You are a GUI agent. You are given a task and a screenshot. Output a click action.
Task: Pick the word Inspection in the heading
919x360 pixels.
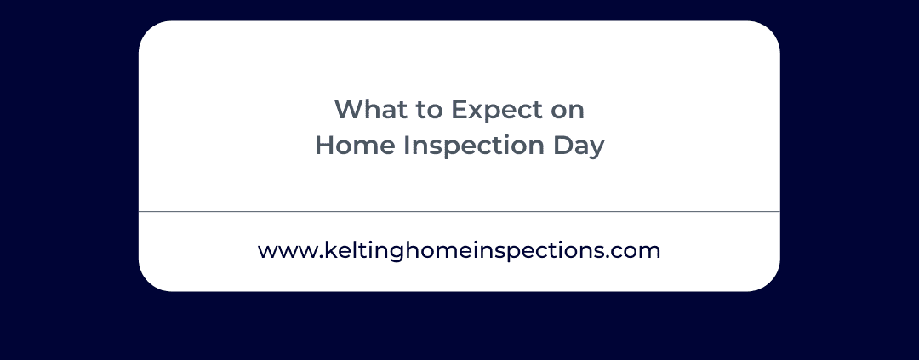[474, 146]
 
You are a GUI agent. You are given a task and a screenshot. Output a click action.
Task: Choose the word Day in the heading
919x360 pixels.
[579, 147]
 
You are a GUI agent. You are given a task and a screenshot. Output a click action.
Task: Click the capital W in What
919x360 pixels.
[347, 110]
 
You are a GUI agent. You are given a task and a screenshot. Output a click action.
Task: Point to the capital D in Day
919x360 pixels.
[562, 146]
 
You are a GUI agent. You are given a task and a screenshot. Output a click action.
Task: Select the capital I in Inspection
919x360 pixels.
[406, 146]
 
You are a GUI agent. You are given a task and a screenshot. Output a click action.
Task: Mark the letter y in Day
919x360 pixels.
[596, 151]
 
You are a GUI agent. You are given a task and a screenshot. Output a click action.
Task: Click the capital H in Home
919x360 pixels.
[325, 146]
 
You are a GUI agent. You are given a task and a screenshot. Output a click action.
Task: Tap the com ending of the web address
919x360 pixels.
[639, 252]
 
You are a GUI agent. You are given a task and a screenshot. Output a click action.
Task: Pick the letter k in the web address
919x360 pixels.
[330, 249]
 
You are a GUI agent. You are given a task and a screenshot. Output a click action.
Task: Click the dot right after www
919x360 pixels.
[321, 257]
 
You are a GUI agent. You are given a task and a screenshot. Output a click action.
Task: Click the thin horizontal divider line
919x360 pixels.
[459, 211]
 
